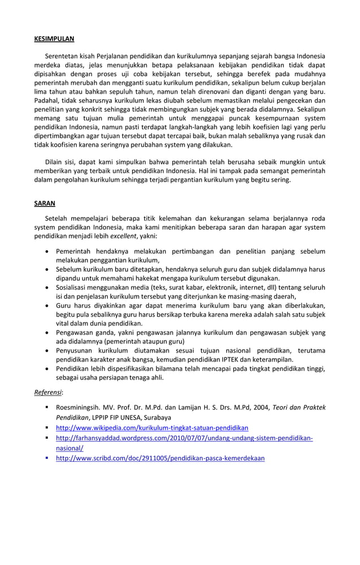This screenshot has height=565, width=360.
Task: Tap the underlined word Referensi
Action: pos(47,392)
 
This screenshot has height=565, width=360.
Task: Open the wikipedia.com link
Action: pos(152,427)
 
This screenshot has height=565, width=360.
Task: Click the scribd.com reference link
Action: pos(160,458)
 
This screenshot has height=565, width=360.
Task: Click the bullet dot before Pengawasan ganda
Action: pos(46,332)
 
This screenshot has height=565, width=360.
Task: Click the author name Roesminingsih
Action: pos(80,407)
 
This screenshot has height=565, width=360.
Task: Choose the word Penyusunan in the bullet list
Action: pos(75,350)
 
